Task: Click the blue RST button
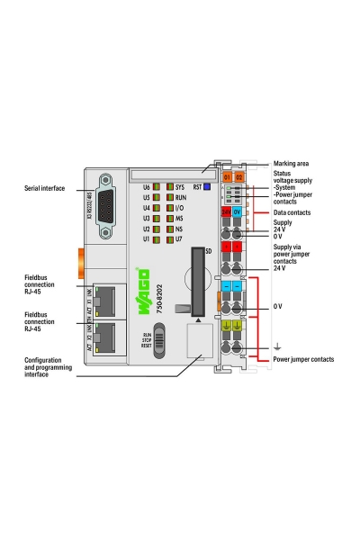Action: tap(206, 187)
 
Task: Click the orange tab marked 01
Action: tap(227, 177)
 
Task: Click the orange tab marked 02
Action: tap(239, 177)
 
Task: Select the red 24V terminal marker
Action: tap(227, 212)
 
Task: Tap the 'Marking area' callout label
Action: tap(291, 164)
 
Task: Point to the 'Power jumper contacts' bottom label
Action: tap(302, 359)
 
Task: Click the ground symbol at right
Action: tap(276, 345)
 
